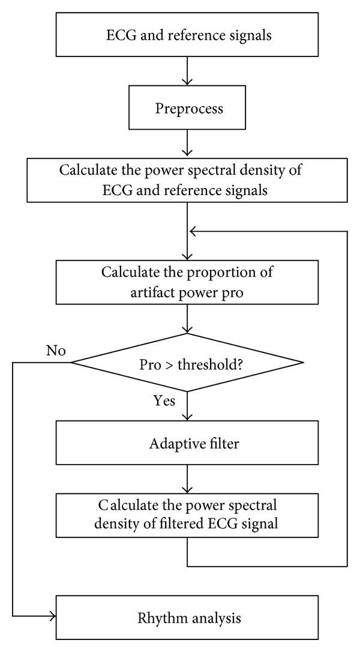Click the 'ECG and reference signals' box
(188, 35)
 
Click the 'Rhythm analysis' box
(188, 617)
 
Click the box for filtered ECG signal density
(188, 515)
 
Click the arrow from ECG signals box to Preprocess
(188, 71)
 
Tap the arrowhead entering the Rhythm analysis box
(53, 617)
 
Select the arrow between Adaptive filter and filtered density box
(188, 478)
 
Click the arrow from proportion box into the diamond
(188, 319)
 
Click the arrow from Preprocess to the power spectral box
(188, 144)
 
